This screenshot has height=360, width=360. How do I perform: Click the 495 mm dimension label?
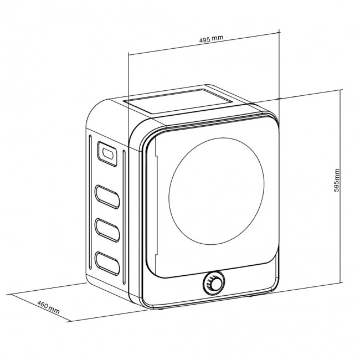[x=210, y=41]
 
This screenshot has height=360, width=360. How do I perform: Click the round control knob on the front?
[x=212, y=284]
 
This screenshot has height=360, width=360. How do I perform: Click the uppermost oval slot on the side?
[x=107, y=196]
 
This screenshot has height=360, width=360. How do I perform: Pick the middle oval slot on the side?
[x=107, y=227]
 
